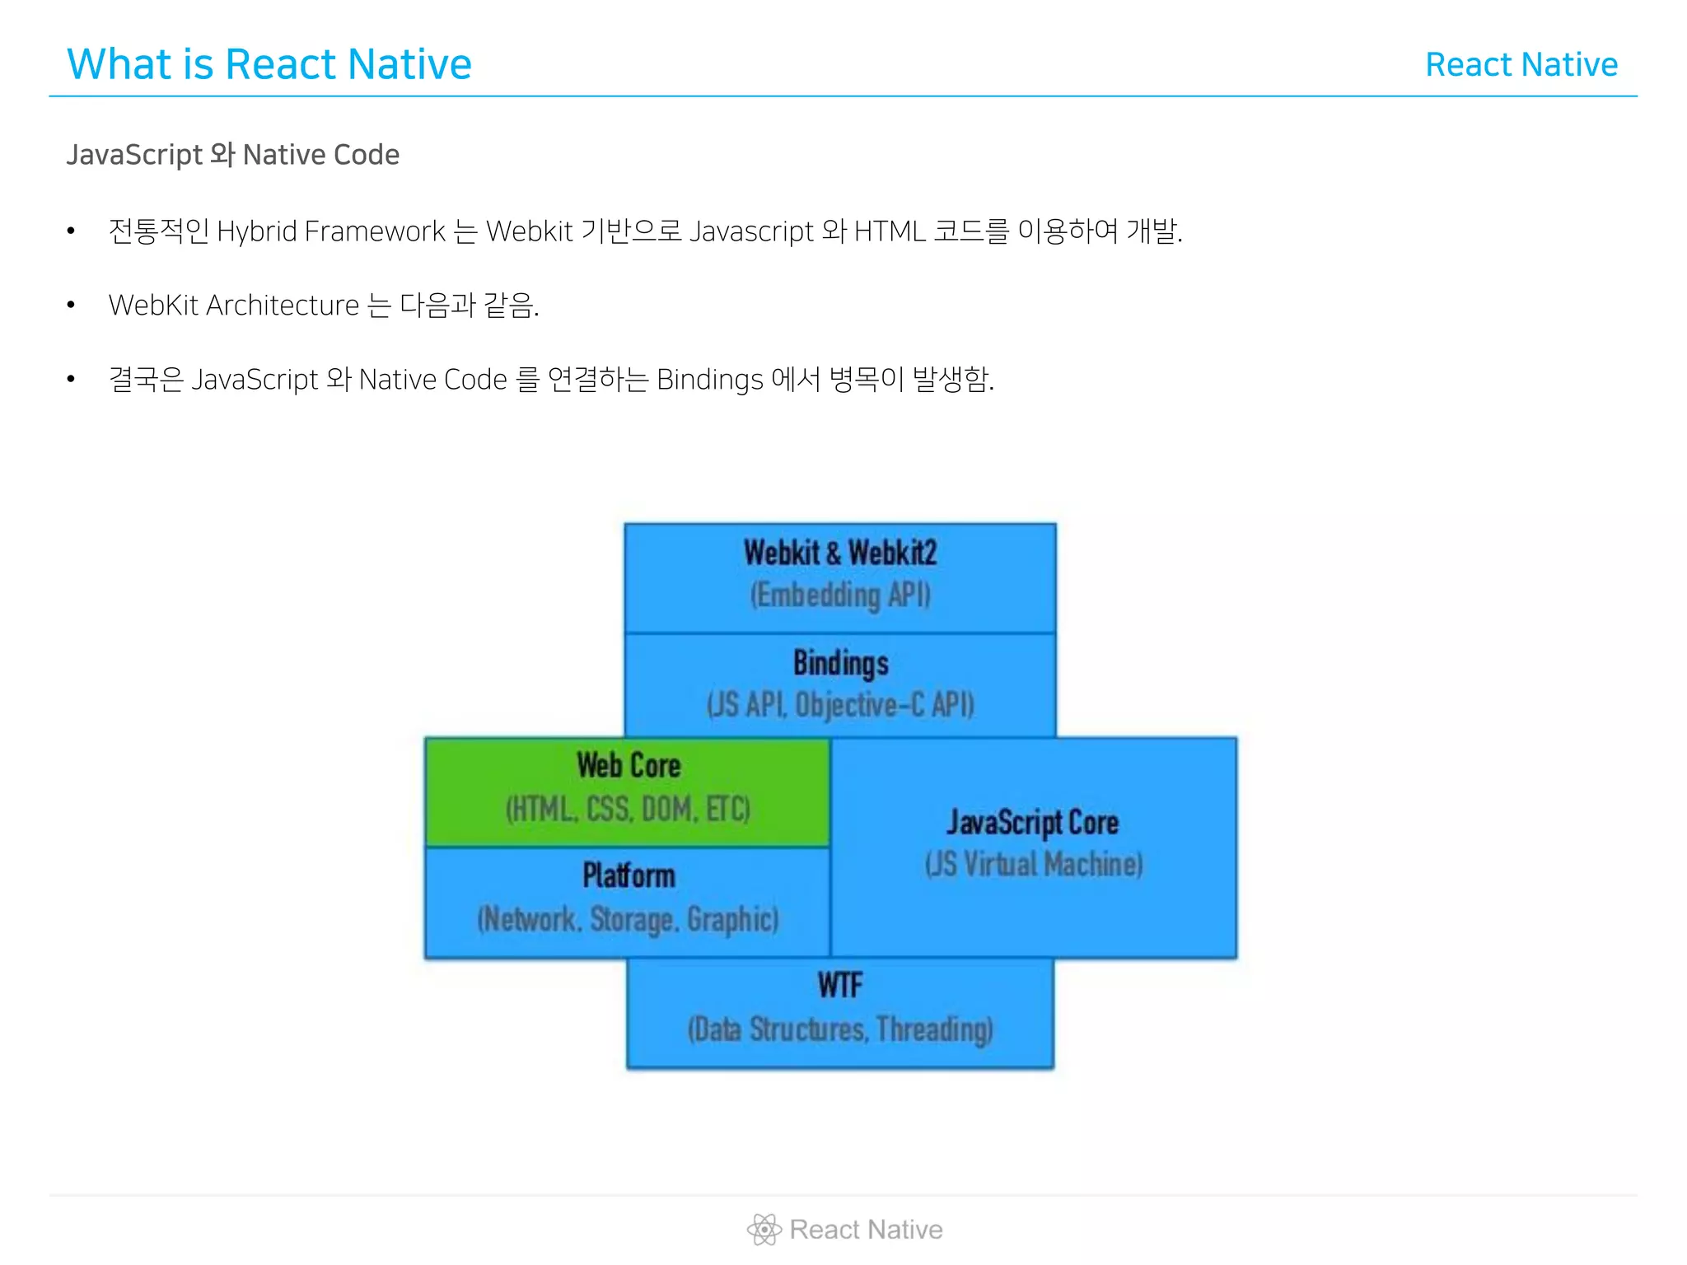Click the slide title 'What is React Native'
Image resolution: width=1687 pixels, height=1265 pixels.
tap(269, 64)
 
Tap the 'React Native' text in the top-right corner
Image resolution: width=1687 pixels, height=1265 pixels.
tap(1521, 65)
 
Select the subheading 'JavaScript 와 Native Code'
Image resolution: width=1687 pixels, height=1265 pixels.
tap(232, 155)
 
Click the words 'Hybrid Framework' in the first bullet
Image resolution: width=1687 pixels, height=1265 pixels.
tap(330, 231)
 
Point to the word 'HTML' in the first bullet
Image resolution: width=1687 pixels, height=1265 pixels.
tap(890, 231)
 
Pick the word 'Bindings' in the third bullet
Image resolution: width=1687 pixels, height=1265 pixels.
tap(709, 380)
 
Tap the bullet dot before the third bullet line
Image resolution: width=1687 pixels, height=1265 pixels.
tap(71, 380)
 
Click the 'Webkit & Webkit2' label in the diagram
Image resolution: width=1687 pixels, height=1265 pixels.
tap(840, 553)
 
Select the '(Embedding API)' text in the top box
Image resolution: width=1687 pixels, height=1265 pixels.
tap(840, 595)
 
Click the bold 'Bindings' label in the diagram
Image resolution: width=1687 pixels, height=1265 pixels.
tap(840, 663)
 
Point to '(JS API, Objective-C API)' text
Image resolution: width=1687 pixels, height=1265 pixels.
tap(840, 705)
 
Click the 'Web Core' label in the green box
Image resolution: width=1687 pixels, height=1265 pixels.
tap(629, 765)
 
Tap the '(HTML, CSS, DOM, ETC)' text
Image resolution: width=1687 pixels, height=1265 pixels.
tap(628, 809)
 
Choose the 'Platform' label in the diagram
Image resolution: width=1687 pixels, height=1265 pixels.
tap(629, 875)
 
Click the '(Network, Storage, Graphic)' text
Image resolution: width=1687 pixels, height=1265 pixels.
tap(628, 919)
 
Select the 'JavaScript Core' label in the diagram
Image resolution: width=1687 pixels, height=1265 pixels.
tap(1033, 822)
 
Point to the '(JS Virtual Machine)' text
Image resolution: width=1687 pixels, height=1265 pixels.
tap(1034, 864)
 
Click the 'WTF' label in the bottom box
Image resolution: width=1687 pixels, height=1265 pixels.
tap(840, 985)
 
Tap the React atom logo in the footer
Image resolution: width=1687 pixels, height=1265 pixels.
tap(764, 1230)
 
